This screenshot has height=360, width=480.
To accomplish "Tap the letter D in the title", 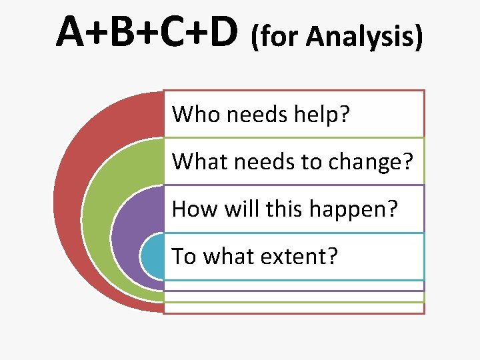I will click(x=221, y=33).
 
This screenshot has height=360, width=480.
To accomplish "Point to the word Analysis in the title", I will click(x=363, y=39).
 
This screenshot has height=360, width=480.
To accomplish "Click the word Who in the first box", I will click(x=197, y=114).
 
